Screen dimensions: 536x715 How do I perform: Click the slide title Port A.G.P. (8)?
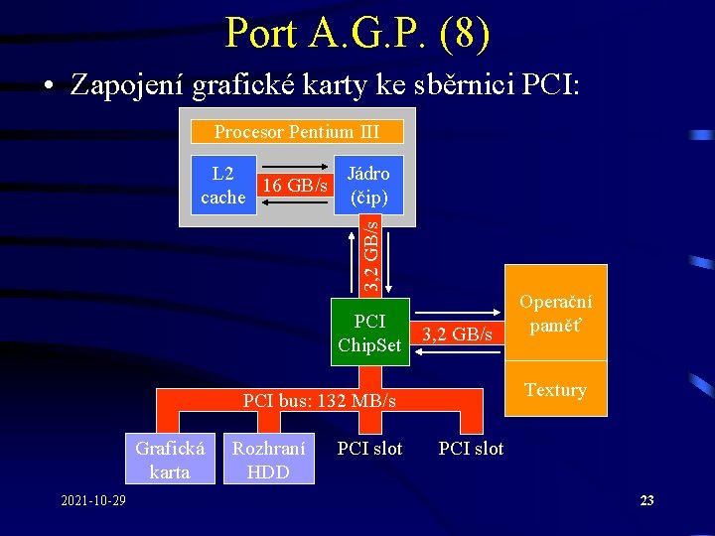[357, 33]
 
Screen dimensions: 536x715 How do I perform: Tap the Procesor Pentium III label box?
[296, 131]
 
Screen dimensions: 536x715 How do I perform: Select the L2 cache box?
[223, 185]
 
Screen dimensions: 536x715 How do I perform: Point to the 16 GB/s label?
[294, 186]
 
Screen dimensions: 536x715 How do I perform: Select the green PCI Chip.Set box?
[369, 332]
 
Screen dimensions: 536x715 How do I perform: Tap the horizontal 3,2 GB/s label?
[458, 335]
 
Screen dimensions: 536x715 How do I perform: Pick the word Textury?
[555, 390]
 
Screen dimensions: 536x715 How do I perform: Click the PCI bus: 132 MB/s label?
[320, 401]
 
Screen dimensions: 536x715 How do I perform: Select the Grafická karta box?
[170, 459]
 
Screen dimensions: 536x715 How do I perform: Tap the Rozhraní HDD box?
[268, 459]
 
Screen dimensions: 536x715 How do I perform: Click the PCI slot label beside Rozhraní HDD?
[369, 449]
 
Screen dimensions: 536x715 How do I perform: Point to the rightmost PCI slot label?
[471, 449]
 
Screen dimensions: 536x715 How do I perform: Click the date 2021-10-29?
[92, 499]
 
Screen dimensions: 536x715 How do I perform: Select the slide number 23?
[646, 500]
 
